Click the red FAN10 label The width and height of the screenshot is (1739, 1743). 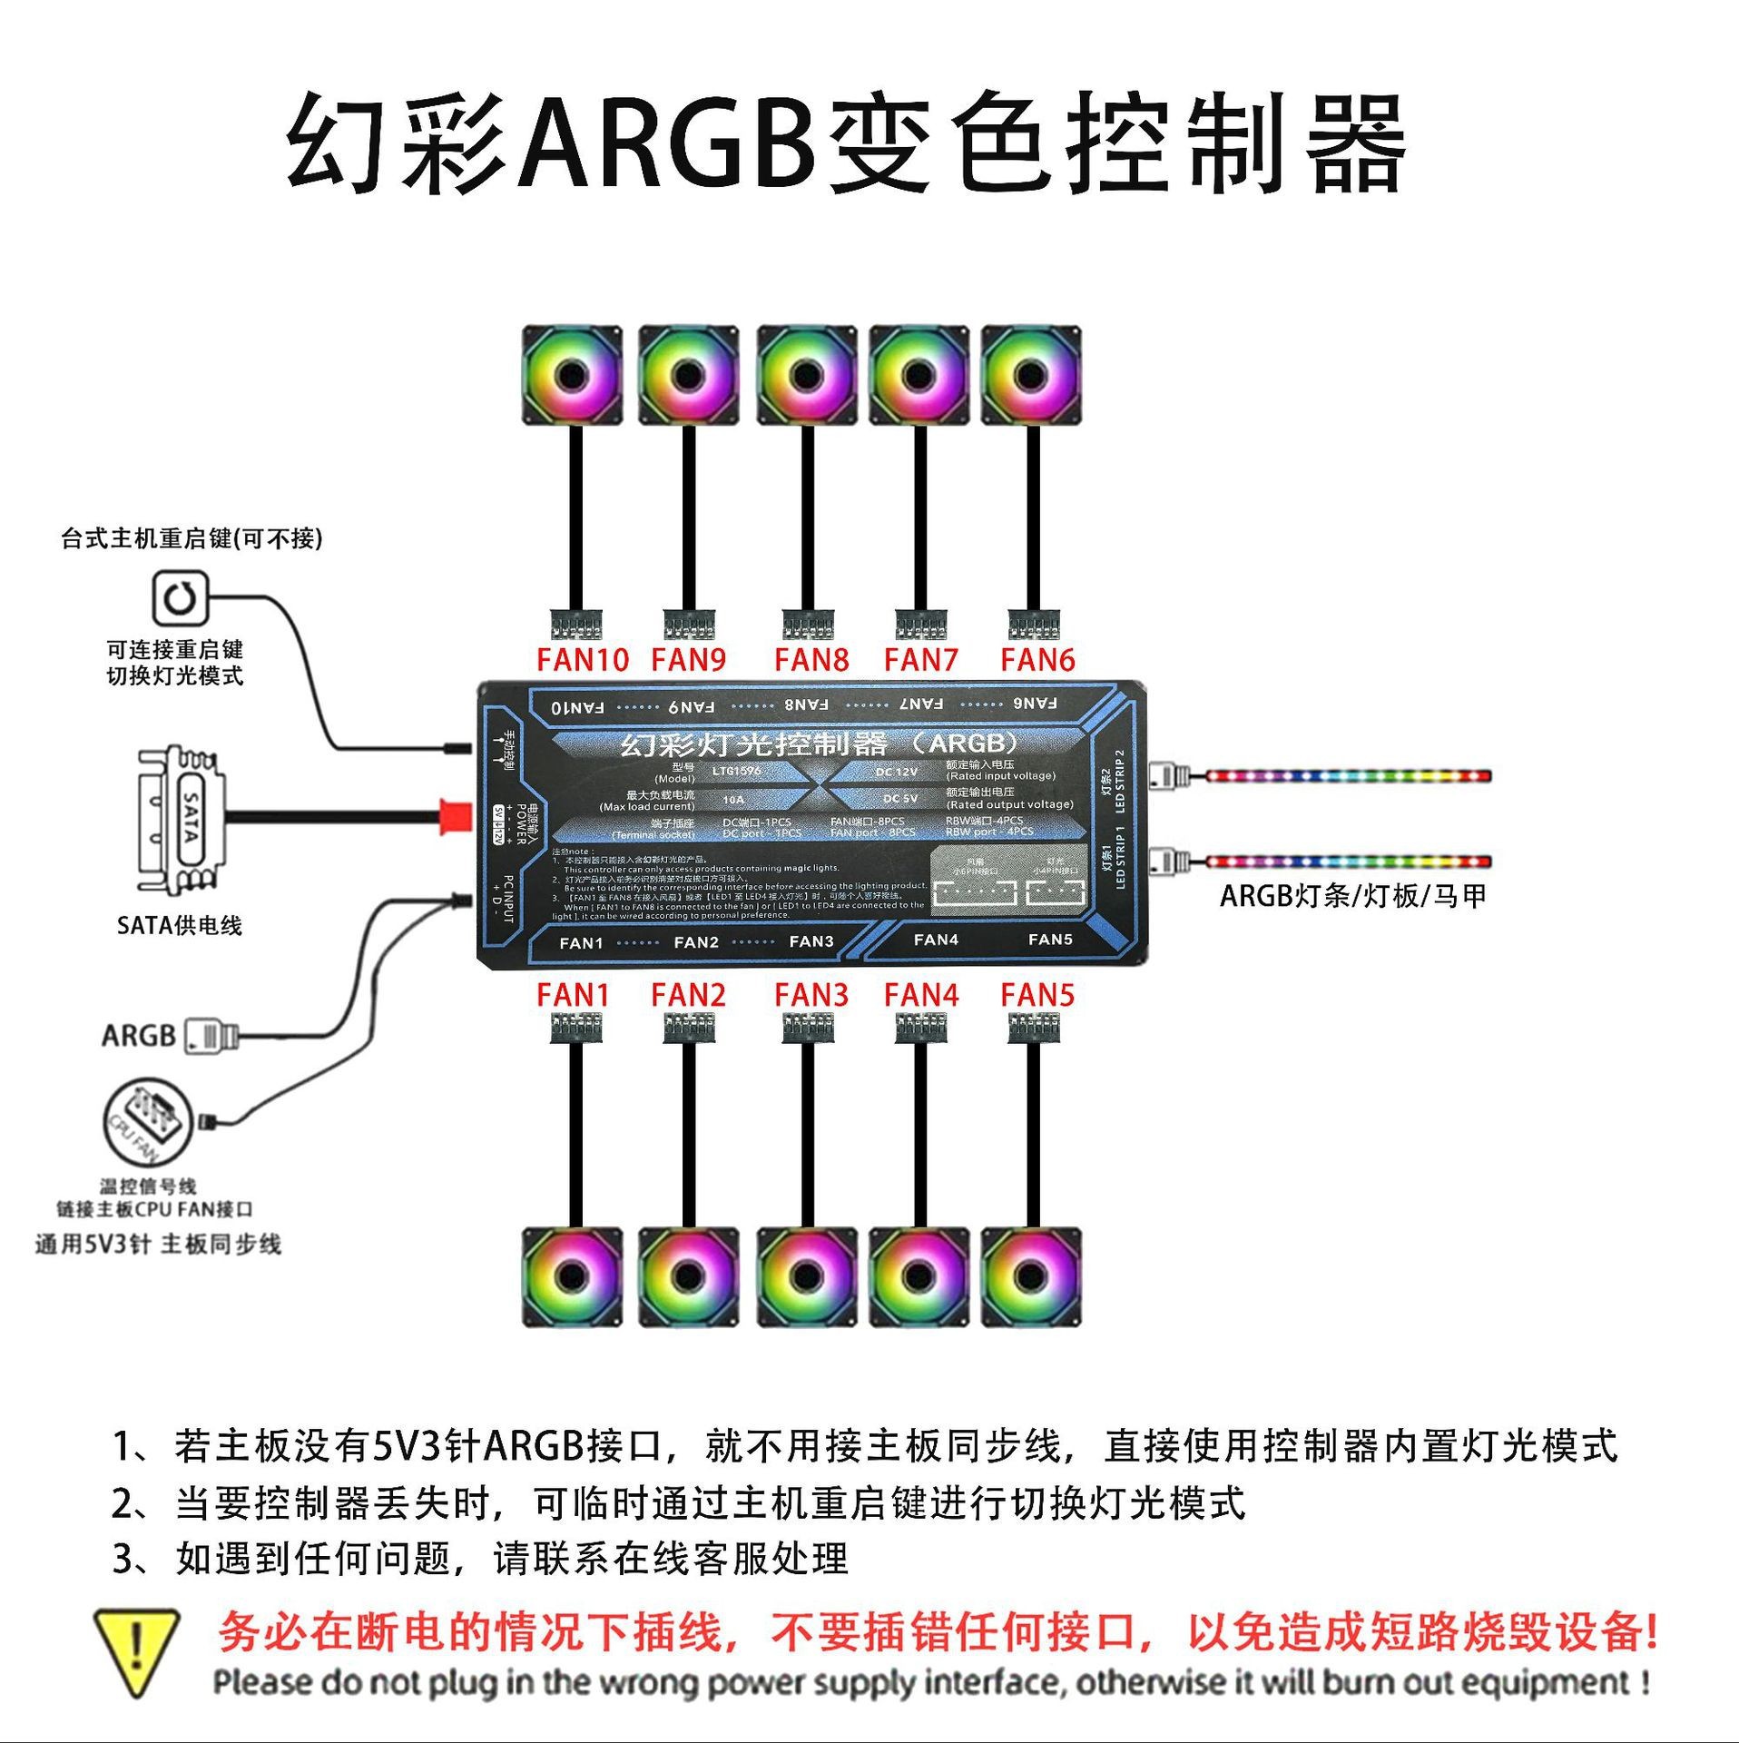click(x=582, y=660)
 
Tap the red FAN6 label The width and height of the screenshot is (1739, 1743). click(x=1037, y=660)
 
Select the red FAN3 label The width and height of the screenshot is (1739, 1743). click(x=811, y=995)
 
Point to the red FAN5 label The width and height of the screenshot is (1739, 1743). click(x=1037, y=995)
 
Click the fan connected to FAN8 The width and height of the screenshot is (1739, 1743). click(x=806, y=375)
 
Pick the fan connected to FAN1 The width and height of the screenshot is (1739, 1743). click(x=573, y=1277)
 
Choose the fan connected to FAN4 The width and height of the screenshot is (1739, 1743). click(x=919, y=1277)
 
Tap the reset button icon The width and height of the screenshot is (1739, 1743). click(x=180, y=598)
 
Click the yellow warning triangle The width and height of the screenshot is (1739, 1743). click(x=136, y=1651)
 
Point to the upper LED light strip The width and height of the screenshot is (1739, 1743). click(x=1347, y=776)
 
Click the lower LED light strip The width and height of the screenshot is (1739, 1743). click(x=1347, y=861)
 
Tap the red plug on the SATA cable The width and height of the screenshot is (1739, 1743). click(x=451, y=816)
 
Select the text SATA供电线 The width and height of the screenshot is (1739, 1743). click(x=180, y=925)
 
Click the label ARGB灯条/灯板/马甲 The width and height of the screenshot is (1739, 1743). click(x=1352, y=896)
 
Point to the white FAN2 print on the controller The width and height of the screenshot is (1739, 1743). click(x=696, y=942)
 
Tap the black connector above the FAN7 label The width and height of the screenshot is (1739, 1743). click(x=920, y=625)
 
